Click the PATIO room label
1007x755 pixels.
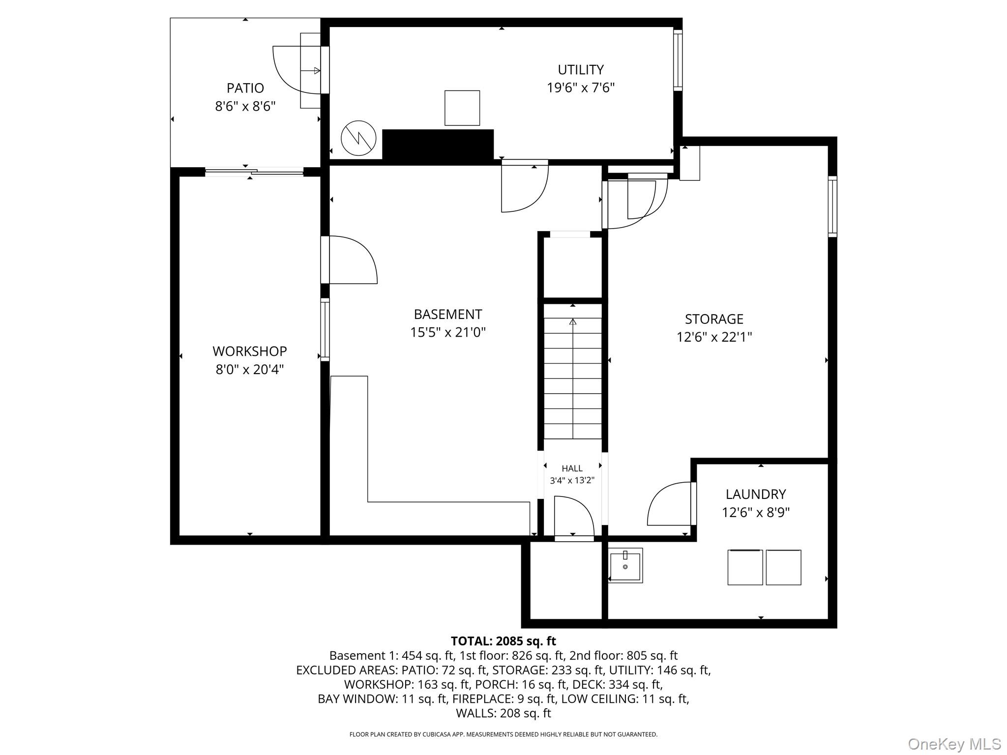[x=245, y=88]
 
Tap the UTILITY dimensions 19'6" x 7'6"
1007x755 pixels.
[x=581, y=88]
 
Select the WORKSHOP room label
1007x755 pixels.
[x=249, y=351]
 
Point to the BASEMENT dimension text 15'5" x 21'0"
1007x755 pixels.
[x=448, y=333]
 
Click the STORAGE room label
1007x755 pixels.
[x=714, y=319]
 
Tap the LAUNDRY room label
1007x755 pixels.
[x=755, y=494]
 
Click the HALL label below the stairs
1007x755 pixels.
[x=572, y=468]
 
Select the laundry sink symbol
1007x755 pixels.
[x=625, y=566]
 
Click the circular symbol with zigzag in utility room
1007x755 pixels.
[x=358, y=139]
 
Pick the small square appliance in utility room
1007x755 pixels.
[x=462, y=108]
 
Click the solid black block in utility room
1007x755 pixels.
[x=438, y=145]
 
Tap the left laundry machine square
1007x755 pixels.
[x=744, y=567]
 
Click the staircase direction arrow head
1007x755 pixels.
[x=572, y=322]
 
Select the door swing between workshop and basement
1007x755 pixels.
[x=352, y=260]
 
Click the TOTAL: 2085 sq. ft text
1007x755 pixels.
[x=503, y=641]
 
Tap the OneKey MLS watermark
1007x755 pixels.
[x=954, y=744]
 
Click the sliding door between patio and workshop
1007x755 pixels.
[x=254, y=172]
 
